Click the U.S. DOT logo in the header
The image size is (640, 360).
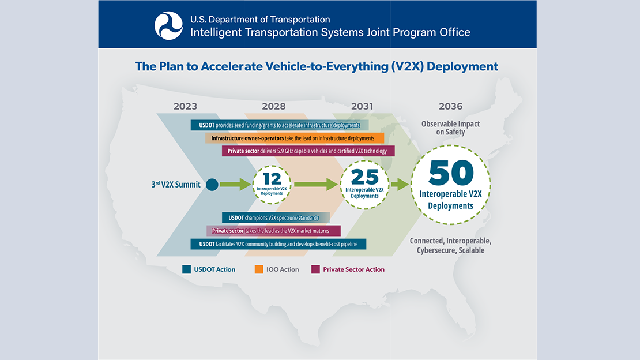[x=168, y=26]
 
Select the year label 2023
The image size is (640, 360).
[x=185, y=106]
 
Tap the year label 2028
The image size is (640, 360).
[x=273, y=106]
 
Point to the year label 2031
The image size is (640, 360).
[x=362, y=106]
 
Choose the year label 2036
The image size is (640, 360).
[x=450, y=106]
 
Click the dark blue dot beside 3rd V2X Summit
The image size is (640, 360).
[x=212, y=185]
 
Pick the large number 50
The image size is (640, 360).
[x=451, y=172]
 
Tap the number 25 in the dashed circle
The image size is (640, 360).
[x=364, y=177]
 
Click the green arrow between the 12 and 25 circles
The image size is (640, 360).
[x=315, y=185]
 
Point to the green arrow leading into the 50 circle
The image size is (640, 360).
[x=400, y=185]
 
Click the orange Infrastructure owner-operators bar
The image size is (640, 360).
[x=294, y=138]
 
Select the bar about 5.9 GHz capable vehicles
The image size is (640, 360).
[x=308, y=151]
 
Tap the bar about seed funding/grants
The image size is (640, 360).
[x=280, y=125]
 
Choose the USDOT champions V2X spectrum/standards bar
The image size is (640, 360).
[x=275, y=217]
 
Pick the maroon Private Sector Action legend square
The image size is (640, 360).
[x=315, y=269]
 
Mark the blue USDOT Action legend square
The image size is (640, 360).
[x=186, y=269]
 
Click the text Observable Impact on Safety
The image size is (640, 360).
[x=450, y=128]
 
